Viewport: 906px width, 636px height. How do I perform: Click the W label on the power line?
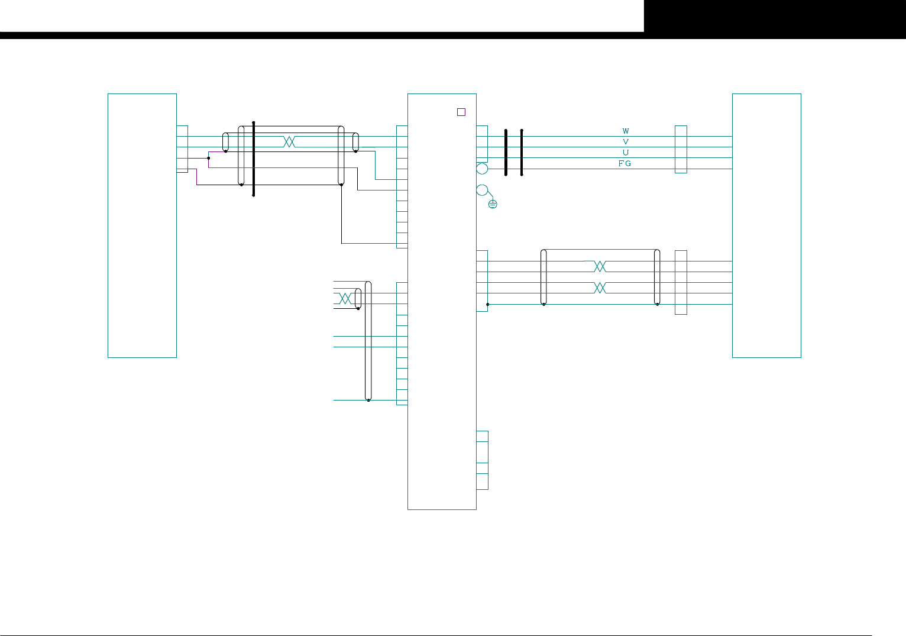click(x=626, y=131)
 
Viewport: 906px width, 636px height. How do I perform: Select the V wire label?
click(x=626, y=142)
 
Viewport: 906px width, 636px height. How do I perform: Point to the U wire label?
click(x=626, y=153)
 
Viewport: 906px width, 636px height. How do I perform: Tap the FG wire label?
click(x=625, y=163)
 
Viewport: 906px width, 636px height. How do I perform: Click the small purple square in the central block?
click(x=461, y=112)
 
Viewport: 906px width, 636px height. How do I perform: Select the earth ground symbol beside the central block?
click(x=493, y=204)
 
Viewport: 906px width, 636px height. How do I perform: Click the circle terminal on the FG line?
click(x=482, y=169)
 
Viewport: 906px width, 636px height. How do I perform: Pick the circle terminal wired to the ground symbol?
click(x=482, y=190)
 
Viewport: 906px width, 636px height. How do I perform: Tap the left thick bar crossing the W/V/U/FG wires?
click(x=506, y=152)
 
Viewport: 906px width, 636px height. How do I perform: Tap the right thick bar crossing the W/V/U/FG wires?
click(x=522, y=152)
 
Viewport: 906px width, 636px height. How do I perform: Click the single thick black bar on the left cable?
click(x=253, y=159)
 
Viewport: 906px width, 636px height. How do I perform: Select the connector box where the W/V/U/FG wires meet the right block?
click(x=681, y=149)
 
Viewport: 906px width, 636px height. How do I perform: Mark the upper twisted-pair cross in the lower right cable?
click(x=600, y=266)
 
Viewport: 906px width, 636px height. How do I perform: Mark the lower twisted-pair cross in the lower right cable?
click(x=600, y=288)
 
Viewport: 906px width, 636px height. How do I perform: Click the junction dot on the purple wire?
click(x=209, y=158)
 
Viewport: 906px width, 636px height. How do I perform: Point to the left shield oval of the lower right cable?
click(x=543, y=277)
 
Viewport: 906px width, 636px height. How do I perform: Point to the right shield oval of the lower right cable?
click(x=657, y=277)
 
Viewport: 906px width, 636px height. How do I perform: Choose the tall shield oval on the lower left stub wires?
click(x=368, y=341)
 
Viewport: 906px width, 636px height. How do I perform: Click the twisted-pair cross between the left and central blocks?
click(x=289, y=142)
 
